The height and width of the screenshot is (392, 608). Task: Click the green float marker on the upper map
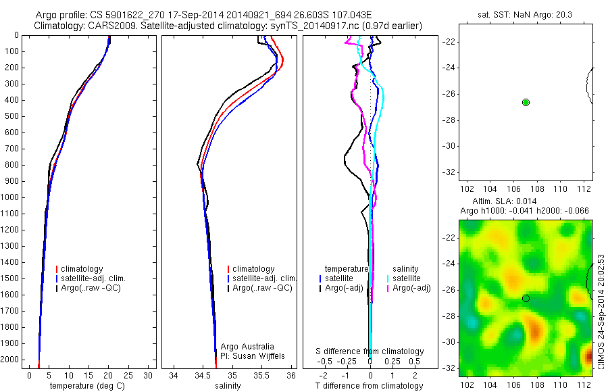pos(526,102)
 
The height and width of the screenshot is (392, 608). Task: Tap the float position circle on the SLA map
pos(526,298)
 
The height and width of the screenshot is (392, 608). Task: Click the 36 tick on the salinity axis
pos(291,374)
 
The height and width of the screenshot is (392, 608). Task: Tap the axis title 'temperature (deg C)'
pos(86,385)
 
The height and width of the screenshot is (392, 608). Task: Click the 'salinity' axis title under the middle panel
pos(228,385)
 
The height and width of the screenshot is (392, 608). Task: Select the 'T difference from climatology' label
pos(369,386)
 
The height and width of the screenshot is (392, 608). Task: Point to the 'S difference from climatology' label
pos(370,351)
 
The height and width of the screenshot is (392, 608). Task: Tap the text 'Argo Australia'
pos(248,346)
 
